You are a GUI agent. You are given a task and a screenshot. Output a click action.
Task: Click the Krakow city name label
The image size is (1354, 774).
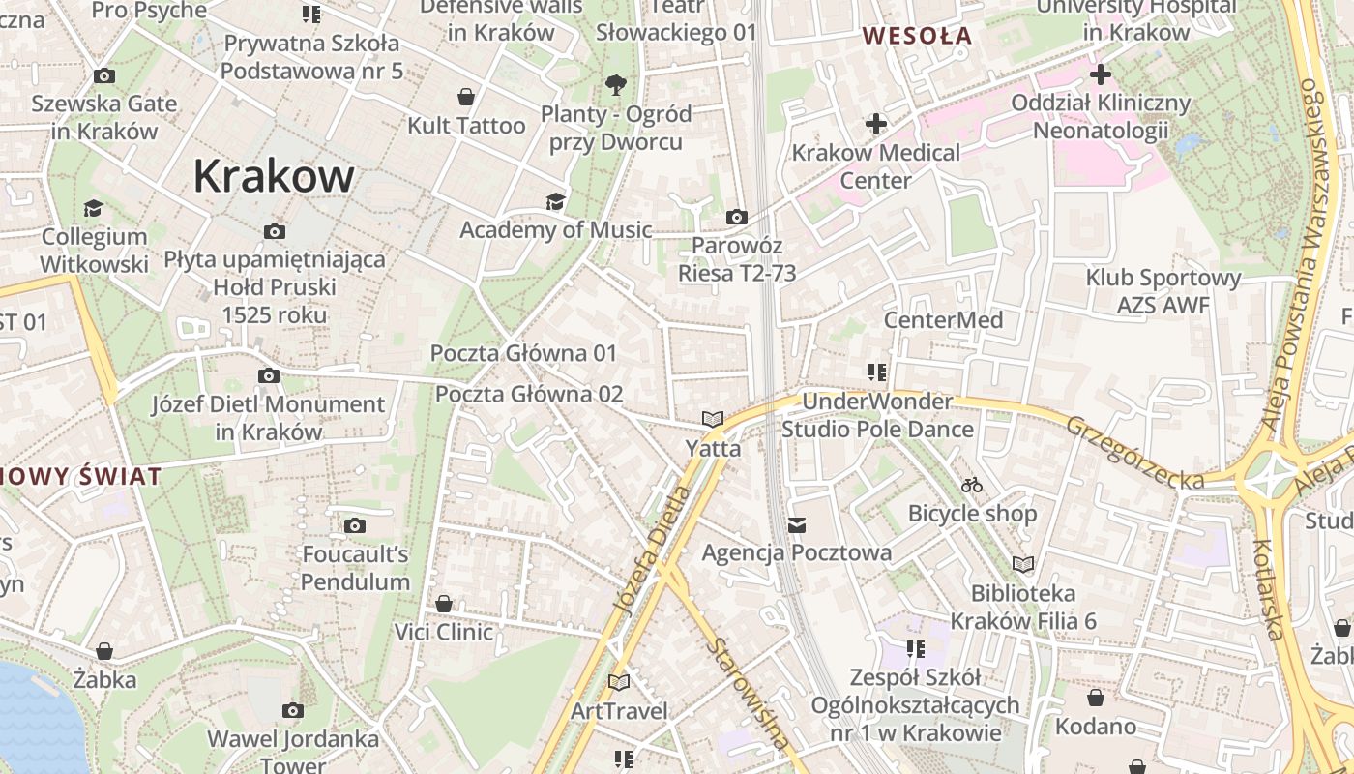tap(274, 176)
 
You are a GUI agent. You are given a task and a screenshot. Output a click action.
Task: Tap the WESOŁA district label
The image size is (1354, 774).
tap(917, 36)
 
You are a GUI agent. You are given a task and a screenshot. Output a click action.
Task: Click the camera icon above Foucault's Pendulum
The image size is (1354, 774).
tap(355, 525)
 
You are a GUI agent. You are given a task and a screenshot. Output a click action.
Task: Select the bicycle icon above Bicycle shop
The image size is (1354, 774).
tap(972, 485)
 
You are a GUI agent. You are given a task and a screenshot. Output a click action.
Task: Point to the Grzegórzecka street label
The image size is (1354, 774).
tap(1135, 452)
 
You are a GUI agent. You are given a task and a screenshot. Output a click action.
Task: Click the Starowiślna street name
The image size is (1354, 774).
tap(748, 693)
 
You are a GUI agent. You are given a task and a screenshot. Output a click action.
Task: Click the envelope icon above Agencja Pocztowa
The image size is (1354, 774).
tap(797, 524)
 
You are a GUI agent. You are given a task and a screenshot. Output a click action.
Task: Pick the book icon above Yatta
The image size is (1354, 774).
tap(713, 420)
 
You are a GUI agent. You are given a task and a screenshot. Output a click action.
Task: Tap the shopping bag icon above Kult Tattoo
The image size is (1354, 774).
tap(466, 97)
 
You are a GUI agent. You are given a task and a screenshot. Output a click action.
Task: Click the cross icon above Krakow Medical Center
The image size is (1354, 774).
tap(876, 124)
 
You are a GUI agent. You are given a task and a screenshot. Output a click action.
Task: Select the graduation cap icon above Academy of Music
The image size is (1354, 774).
tap(555, 201)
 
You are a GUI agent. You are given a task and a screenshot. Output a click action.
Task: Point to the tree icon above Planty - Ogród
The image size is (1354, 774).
tap(615, 85)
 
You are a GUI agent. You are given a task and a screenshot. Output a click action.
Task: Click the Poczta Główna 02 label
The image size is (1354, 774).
tap(529, 394)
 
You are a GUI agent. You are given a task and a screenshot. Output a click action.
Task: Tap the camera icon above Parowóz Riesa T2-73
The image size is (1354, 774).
tap(737, 217)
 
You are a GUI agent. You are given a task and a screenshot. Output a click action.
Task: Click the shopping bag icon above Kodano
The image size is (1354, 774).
tap(1096, 698)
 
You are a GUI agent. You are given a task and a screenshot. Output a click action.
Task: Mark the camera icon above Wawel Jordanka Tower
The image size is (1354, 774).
tap(293, 711)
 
